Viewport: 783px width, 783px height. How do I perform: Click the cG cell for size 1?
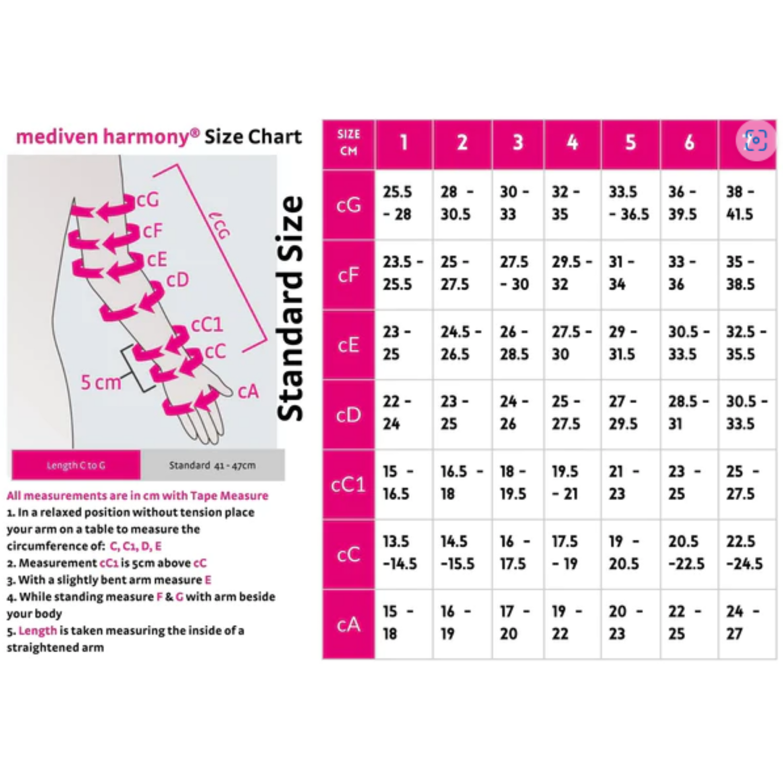tap(404, 204)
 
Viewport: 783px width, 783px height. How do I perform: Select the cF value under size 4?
tap(572, 274)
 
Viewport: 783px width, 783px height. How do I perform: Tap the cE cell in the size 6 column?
tap(689, 344)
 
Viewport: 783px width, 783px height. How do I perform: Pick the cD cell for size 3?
tap(518, 414)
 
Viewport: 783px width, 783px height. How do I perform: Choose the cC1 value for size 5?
tap(631, 484)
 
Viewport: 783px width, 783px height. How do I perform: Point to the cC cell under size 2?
tap(462, 554)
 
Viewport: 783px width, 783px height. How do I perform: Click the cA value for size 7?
tap(747, 624)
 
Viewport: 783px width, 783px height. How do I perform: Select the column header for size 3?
tap(518, 144)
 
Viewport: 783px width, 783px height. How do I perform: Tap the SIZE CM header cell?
tap(348, 144)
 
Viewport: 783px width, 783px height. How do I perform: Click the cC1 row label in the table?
tap(348, 484)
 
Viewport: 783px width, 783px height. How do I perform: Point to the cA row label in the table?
tap(348, 624)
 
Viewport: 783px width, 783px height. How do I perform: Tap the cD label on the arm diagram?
tap(177, 280)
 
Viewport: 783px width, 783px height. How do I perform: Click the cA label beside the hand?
tap(248, 391)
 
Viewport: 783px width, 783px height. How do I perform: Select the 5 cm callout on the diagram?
tap(101, 382)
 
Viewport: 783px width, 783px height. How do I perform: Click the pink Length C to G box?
tap(76, 465)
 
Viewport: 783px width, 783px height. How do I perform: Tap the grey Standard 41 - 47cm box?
tap(212, 465)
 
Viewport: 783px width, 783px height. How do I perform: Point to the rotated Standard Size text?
tap(290, 309)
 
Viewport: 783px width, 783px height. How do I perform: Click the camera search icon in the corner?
tap(756, 140)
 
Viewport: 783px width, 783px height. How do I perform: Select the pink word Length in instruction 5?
tap(38, 631)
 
